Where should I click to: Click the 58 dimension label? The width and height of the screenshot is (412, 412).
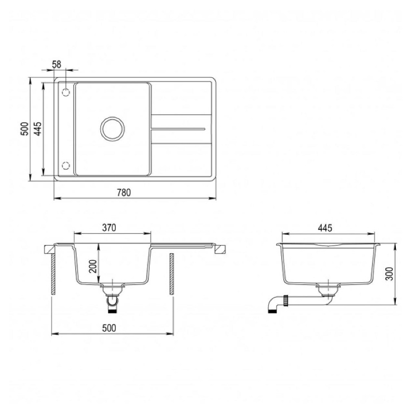tap(56, 64)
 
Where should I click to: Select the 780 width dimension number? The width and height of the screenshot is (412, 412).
tap(124, 193)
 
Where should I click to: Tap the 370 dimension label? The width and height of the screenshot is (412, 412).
tap(109, 228)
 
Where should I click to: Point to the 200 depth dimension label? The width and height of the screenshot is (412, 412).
tap(94, 267)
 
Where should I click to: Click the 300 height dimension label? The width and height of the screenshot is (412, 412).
tap(389, 274)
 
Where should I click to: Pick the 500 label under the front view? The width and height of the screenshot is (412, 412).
tap(109, 328)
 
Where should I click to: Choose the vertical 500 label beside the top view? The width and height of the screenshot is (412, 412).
tap(24, 129)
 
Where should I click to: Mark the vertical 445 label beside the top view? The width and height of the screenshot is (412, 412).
tap(38, 129)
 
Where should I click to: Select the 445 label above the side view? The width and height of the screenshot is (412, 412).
tap(325, 228)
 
